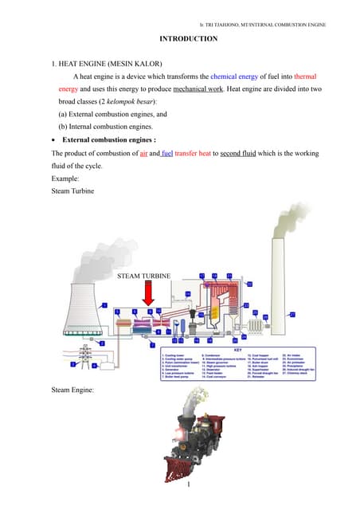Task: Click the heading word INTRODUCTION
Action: [x=188, y=39]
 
